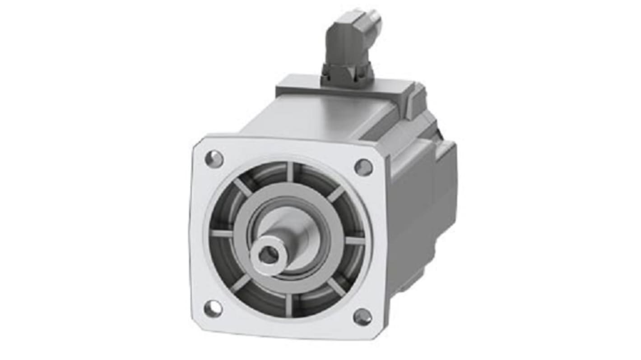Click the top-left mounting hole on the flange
tap(214, 159)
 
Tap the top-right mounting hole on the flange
tap(363, 167)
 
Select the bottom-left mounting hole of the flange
tap(213, 309)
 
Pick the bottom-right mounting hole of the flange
tap(362, 317)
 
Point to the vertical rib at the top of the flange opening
tap(290, 172)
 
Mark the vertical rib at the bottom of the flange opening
tap(289, 305)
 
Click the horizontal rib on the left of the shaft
tap(221, 233)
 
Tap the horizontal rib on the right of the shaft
tap(355, 240)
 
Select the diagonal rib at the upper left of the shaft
tap(243, 186)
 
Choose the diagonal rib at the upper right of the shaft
tap(336, 194)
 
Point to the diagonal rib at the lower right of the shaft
tap(336, 287)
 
